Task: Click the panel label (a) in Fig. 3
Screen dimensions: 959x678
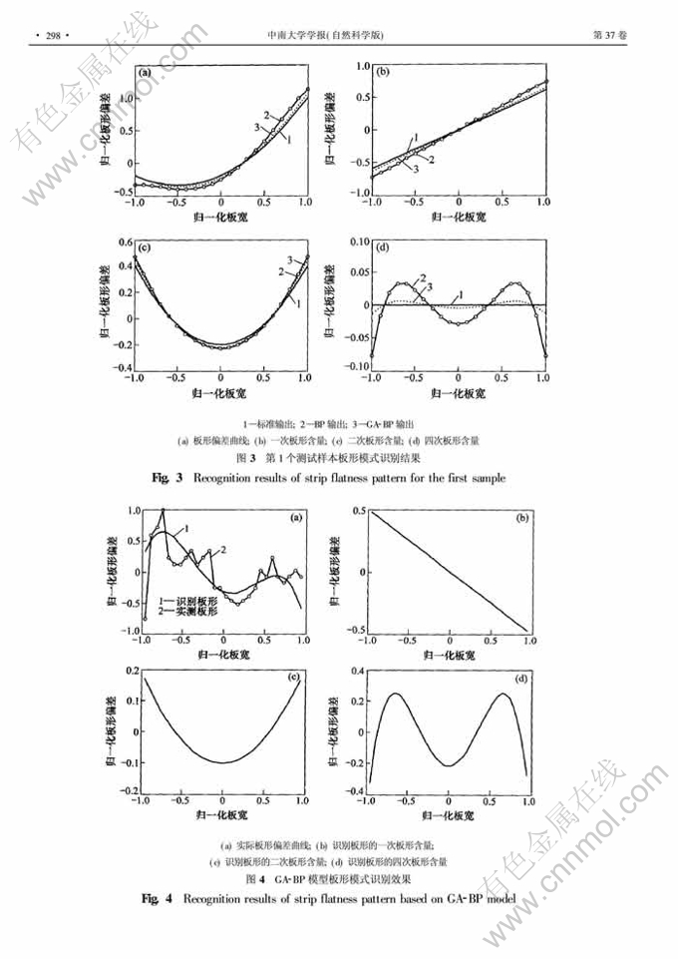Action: point(146,73)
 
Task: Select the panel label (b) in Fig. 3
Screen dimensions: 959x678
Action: point(382,73)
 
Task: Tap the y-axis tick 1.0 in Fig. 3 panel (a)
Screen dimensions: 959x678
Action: point(124,99)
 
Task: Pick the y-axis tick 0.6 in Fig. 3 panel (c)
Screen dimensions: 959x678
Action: point(124,242)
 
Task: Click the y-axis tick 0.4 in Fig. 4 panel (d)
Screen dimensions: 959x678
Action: point(353,674)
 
